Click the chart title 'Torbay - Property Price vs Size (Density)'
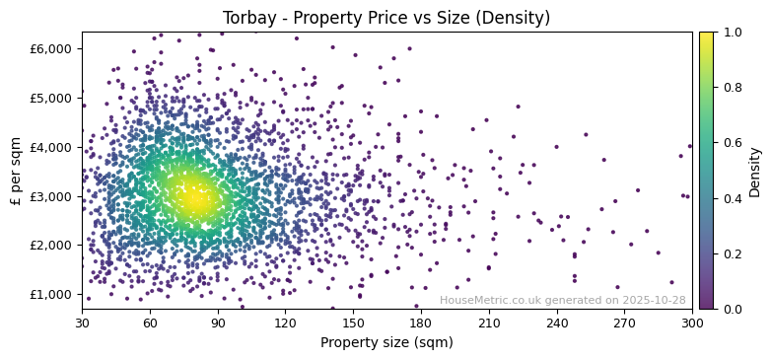click(x=386, y=18)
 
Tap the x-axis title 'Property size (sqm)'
click(x=386, y=343)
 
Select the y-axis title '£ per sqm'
click(x=16, y=171)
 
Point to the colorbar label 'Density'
click(x=755, y=172)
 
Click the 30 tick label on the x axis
click(x=82, y=323)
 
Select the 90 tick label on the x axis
click(x=218, y=323)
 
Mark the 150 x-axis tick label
click(x=353, y=323)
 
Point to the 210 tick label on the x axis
click(x=489, y=323)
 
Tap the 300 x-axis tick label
click(x=692, y=323)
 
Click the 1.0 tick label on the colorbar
click(x=733, y=33)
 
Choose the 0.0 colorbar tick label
click(x=733, y=309)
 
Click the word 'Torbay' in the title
click(x=247, y=18)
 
